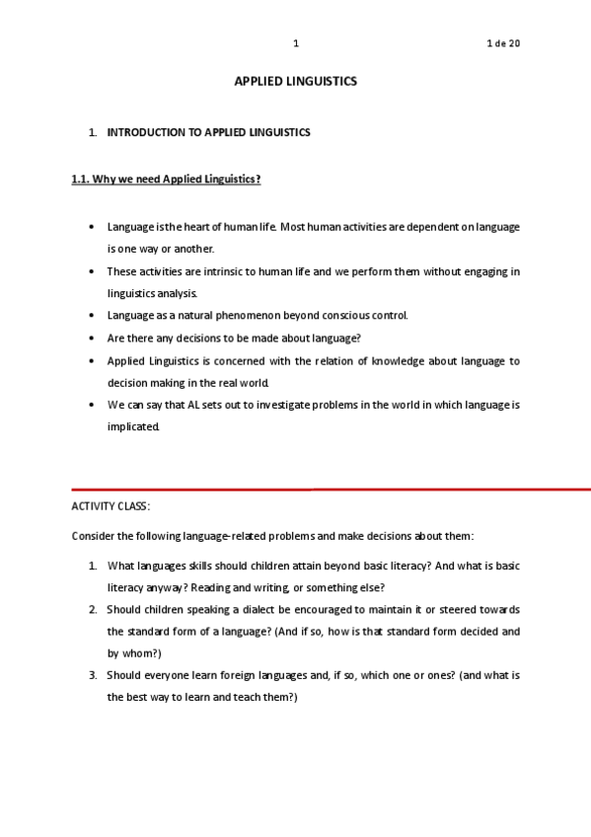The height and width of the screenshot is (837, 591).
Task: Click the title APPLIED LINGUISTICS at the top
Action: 295,82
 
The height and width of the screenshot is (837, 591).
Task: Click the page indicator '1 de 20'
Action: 503,43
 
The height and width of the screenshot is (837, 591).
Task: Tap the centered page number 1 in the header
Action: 296,43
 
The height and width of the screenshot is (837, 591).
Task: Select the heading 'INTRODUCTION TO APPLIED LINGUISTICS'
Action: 208,131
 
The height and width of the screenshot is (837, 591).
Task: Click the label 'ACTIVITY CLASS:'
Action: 111,506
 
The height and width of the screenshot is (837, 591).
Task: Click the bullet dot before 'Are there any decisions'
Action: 92,339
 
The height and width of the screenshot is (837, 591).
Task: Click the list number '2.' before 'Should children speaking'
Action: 93,609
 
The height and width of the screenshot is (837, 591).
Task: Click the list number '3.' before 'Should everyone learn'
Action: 93,675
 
